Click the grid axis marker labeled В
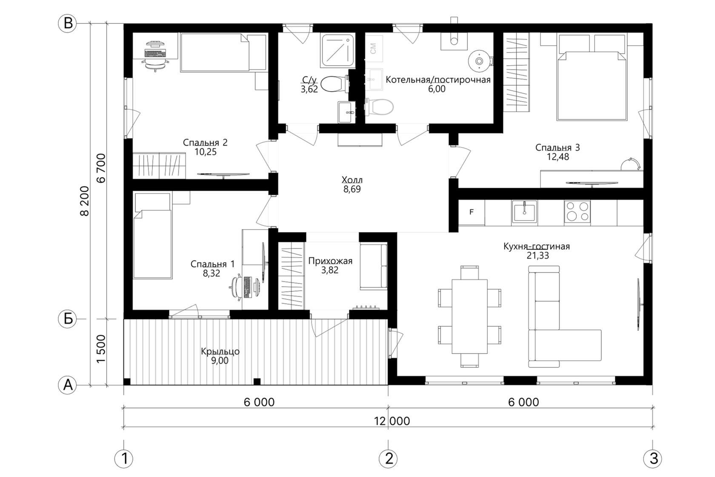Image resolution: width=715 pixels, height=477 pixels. point(67,24)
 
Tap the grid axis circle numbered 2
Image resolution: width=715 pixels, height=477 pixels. point(388,459)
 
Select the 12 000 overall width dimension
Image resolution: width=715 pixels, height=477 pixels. point(392,421)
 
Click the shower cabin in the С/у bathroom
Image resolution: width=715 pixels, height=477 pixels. point(338,51)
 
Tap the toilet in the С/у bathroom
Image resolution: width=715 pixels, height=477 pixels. point(335,84)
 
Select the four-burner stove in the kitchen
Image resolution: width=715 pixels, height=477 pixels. point(577,212)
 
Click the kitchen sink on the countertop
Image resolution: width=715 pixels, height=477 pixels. point(524,212)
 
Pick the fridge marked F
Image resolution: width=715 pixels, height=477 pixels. point(472,212)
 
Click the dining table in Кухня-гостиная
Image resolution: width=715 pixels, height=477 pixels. point(469,316)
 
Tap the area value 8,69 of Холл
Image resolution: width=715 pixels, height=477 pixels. point(352,189)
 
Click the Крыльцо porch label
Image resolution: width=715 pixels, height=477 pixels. point(220,351)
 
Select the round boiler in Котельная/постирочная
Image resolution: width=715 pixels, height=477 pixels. point(479,60)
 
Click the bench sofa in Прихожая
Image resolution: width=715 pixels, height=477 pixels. point(374,266)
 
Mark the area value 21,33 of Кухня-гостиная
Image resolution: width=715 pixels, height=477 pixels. point(538,256)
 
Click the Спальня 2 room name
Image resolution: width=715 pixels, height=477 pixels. point(205,143)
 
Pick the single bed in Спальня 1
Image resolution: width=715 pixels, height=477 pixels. point(152,236)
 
